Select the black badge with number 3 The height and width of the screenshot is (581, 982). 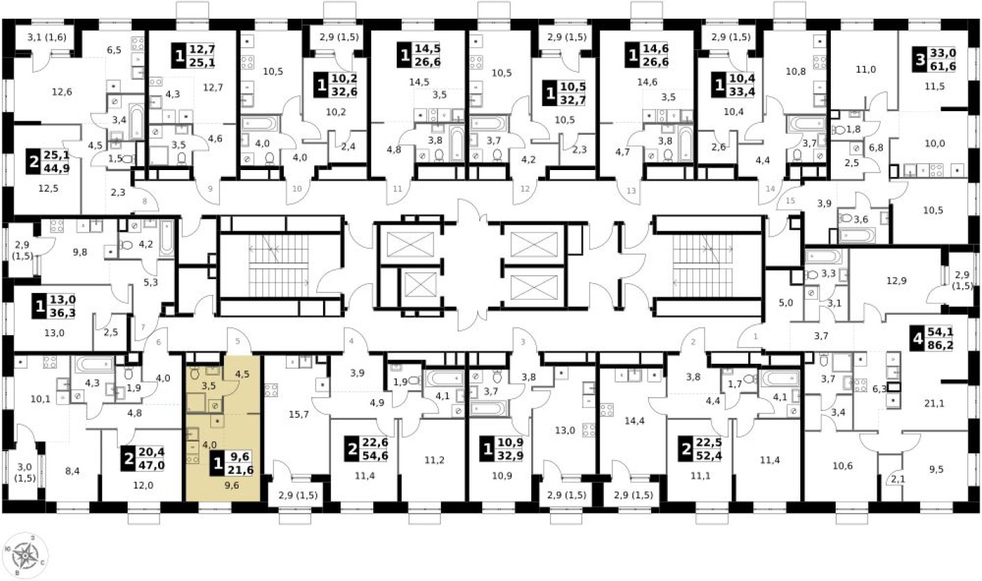[920, 60]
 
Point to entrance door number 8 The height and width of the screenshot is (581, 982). [144, 202]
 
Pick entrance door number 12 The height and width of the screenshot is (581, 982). [525, 189]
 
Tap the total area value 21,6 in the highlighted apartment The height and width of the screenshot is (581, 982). [241, 471]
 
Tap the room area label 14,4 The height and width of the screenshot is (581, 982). [632, 421]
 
